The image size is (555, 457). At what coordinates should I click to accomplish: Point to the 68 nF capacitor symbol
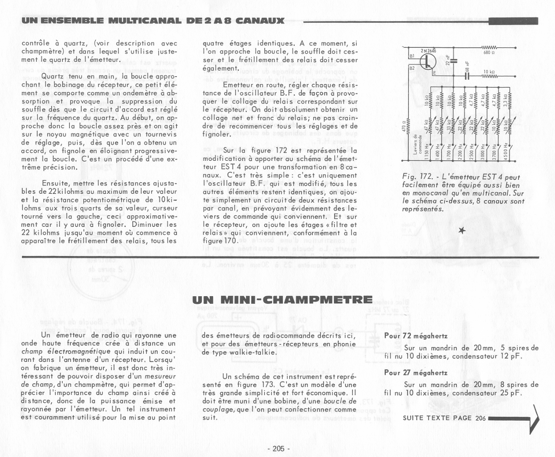(x=467, y=76)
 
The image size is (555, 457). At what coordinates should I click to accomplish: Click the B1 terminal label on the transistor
(x=411, y=55)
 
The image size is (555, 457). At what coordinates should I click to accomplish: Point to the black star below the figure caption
(x=462, y=230)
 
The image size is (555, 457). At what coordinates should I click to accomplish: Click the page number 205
(x=278, y=449)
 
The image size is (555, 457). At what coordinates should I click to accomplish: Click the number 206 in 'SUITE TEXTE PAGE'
(x=480, y=418)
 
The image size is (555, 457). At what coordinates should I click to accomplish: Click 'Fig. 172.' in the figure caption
(x=415, y=177)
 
